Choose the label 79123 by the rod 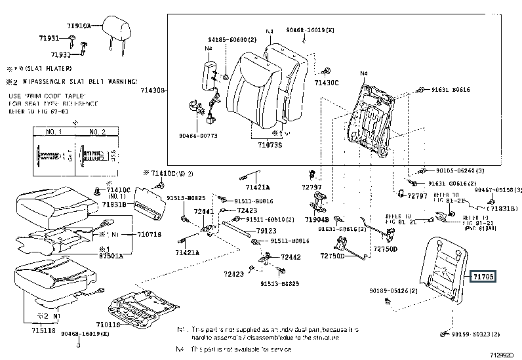tap(265, 231)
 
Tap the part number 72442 tap(291, 257)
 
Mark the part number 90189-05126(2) tap(393, 289)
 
